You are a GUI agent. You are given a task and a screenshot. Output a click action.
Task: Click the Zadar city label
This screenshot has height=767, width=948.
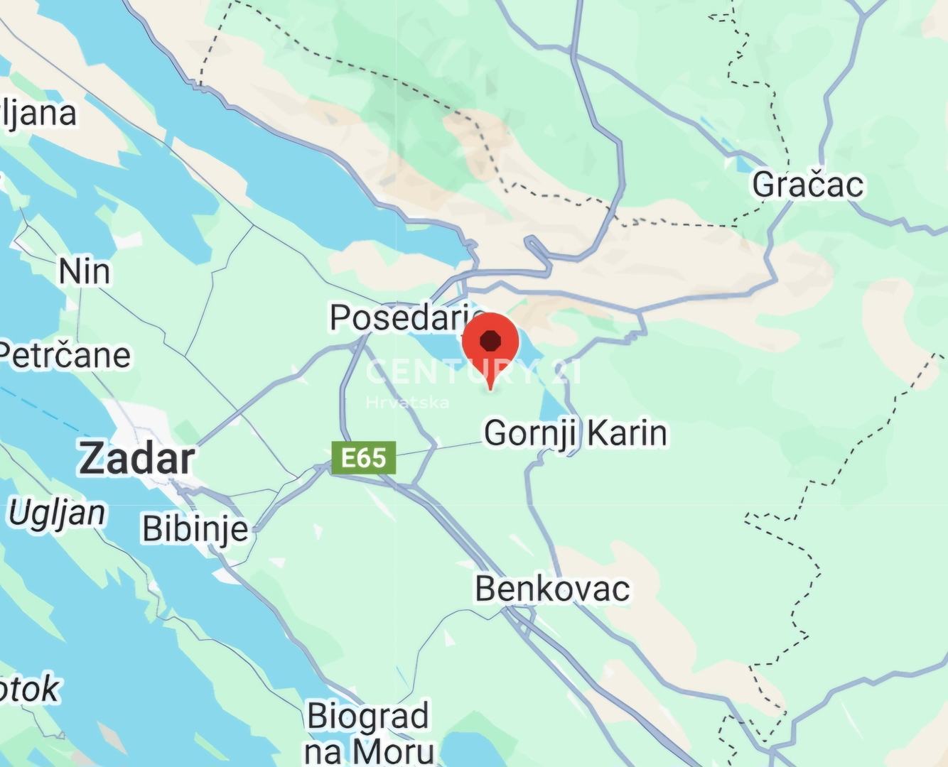136,459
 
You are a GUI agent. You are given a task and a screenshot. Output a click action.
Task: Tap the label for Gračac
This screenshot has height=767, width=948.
808,185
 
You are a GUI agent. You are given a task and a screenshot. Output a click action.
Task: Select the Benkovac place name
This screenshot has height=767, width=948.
552,589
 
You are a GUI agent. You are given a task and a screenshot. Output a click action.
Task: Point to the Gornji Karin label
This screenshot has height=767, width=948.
576,433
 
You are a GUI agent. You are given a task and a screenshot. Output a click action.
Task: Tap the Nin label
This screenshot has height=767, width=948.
85,271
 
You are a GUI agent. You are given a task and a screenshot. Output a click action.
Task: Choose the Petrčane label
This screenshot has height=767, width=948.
65,355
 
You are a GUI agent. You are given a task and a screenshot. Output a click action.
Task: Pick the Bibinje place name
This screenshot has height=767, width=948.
195,529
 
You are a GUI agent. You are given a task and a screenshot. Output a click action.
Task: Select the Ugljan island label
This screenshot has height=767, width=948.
57,513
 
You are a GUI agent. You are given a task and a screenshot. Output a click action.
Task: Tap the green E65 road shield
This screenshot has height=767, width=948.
363,458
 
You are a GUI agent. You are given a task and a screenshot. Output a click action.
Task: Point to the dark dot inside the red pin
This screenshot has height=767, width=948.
490,341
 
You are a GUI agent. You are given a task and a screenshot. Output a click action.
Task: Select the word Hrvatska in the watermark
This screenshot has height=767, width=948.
407,403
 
